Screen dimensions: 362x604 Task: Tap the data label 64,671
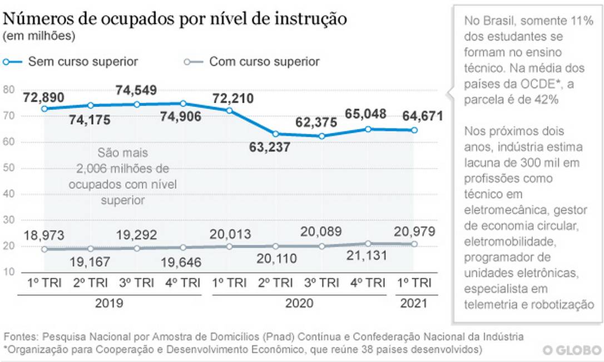click(422, 117)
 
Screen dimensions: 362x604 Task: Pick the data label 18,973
click(44, 234)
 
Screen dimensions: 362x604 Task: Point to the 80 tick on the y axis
click(9, 90)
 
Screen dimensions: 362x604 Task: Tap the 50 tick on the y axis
click(9, 168)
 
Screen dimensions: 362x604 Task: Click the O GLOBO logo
click(572, 350)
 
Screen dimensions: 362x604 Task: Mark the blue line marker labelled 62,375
click(322, 135)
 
